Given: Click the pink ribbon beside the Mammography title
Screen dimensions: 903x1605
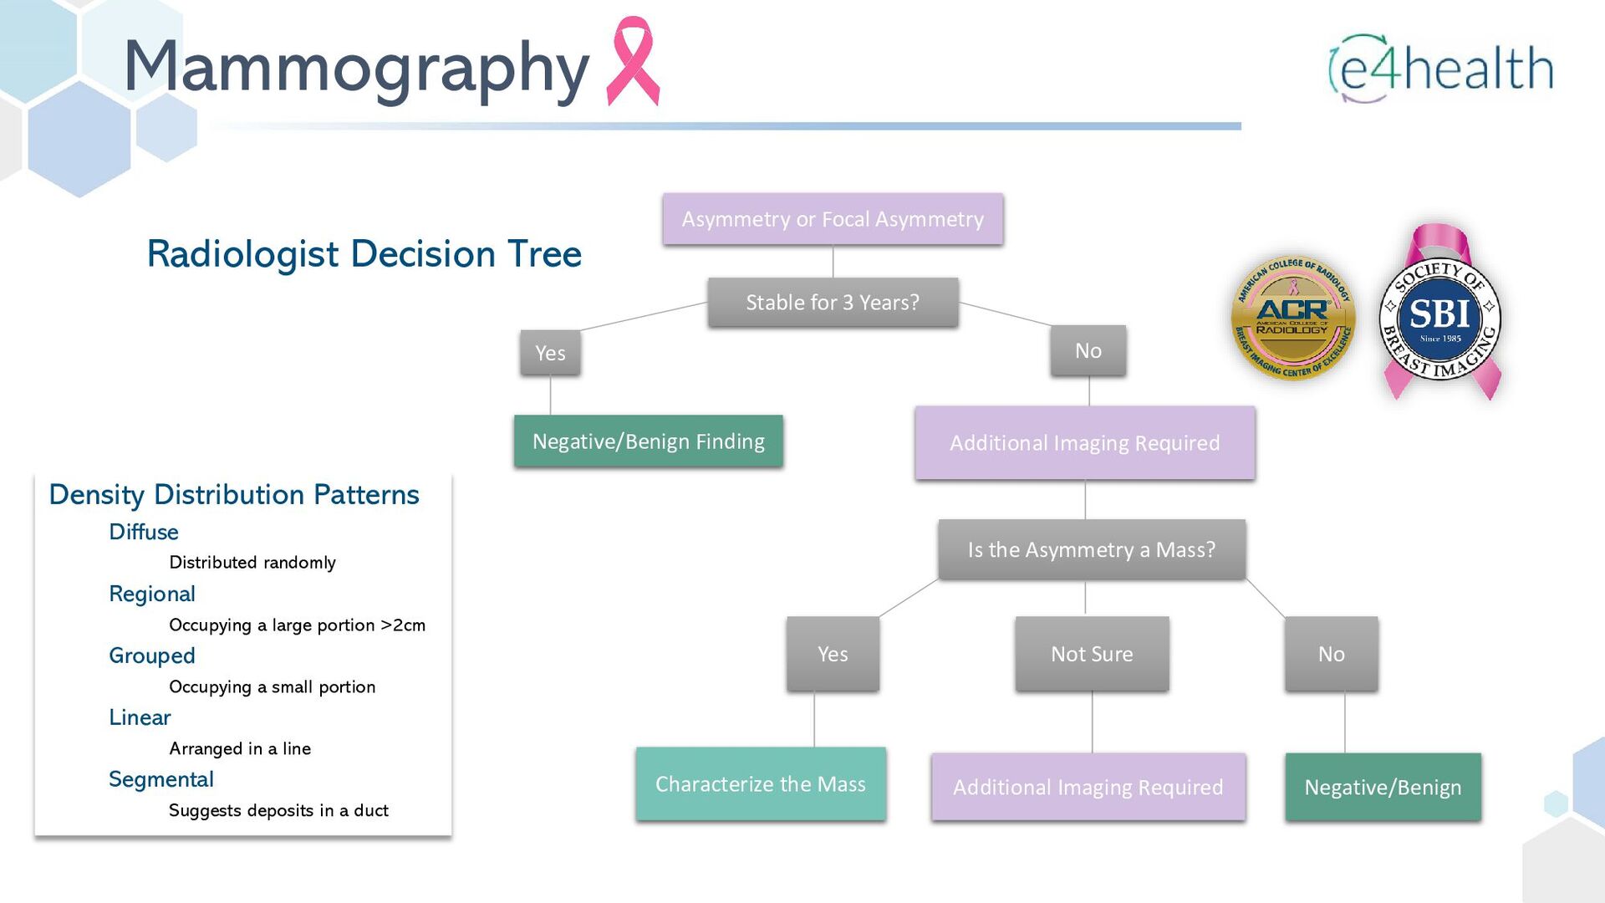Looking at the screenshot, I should [x=633, y=62].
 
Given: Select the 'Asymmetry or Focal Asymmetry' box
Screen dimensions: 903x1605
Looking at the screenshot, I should [x=833, y=219].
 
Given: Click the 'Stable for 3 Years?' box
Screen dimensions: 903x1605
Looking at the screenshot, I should [x=833, y=302].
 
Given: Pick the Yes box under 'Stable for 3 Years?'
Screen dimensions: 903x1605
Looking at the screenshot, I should [x=550, y=353].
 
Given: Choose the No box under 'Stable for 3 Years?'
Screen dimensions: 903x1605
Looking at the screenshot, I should [x=1088, y=351].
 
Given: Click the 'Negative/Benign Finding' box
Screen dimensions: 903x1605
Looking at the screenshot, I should [x=649, y=441].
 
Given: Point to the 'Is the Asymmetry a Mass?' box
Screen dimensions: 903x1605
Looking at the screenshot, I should [x=1092, y=549].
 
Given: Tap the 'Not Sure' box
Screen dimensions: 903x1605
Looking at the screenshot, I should [x=1092, y=654].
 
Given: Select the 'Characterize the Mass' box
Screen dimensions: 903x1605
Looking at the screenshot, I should [x=761, y=784].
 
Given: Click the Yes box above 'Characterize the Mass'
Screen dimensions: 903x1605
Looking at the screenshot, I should [x=833, y=654].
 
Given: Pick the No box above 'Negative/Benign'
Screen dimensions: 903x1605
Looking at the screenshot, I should [x=1331, y=654].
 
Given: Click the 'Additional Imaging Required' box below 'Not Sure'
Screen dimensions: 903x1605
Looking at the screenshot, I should [x=1088, y=787].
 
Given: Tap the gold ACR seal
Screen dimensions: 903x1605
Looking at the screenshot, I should [x=1293, y=319].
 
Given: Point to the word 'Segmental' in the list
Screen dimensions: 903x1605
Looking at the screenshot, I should [x=161, y=779].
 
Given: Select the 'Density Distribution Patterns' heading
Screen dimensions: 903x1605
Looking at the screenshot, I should [x=234, y=495].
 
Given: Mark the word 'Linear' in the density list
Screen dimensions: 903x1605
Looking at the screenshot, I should [x=140, y=717].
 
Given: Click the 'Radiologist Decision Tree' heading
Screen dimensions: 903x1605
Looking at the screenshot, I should [x=364, y=254].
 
